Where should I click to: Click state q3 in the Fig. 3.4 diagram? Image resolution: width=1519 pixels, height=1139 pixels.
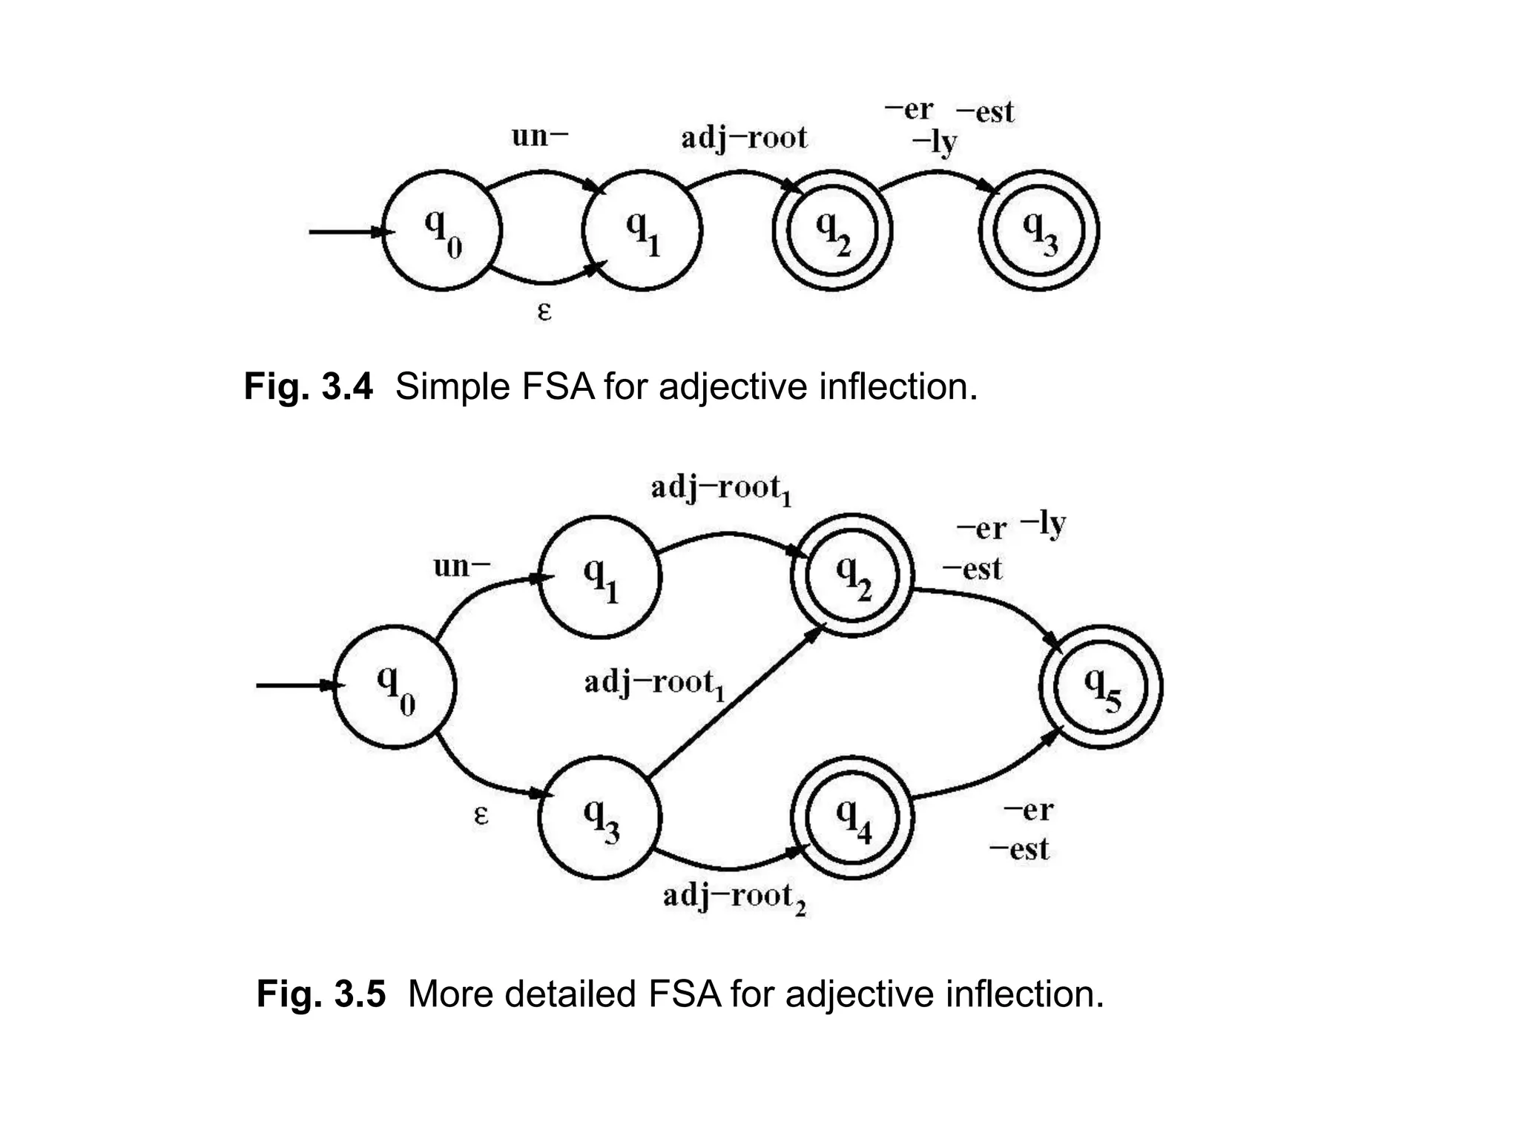(1038, 231)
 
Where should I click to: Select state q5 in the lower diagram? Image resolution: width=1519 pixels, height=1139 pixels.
(1101, 687)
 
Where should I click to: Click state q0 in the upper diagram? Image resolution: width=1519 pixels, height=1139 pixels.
(442, 231)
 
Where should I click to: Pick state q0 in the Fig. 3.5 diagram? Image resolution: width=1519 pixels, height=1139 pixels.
(394, 687)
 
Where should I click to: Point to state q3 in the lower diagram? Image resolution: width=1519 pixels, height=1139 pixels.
(599, 817)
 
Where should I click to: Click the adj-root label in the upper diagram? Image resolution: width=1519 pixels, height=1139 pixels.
(744, 139)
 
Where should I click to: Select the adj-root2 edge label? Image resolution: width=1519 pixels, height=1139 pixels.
(734, 898)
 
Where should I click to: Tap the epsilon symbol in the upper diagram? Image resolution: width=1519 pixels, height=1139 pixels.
(544, 311)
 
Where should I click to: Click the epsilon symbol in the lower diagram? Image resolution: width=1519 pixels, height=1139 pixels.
(481, 816)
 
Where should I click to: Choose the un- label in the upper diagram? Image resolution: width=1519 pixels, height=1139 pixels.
(540, 136)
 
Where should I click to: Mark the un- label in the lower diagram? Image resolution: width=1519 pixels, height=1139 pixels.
(461, 567)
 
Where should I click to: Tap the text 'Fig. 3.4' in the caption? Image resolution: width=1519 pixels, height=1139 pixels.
(308, 387)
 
